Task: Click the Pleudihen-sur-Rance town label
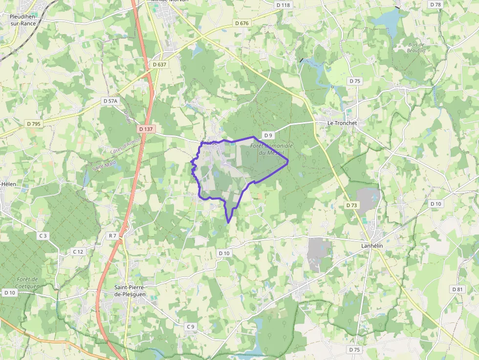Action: click(x=23, y=20)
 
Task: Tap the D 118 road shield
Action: click(x=283, y=5)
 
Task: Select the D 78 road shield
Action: click(x=435, y=4)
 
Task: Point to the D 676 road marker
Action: click(x=242, y=23)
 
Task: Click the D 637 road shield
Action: click(x=159, y=64)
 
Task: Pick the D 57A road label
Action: click(x=111, y=101)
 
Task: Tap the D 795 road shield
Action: click(x=34, y=124)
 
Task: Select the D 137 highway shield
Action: click(x=146, y=129)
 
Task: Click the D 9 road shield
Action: click(x=267, y=135)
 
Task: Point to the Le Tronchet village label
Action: click(x=342, y=123)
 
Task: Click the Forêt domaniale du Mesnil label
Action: click(x=271, y=149)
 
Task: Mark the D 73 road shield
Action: click(x=351, y=205)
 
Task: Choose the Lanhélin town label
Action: click(x=371, y=246)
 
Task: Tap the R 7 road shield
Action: click(x=112, y=235)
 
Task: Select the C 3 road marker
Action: click(x=44, y=236)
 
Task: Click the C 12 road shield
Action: click(x=78, y=252)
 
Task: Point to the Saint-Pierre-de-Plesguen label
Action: click(x=130, y=291)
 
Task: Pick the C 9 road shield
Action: click(x=191, y=326)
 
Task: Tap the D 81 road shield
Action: click(x=457, y=289)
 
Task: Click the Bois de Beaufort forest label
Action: click(x=416, y=47)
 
